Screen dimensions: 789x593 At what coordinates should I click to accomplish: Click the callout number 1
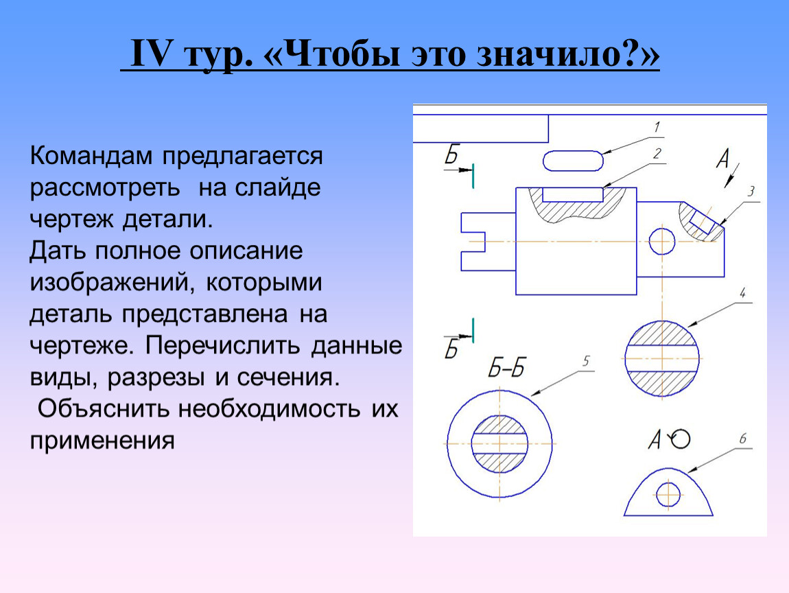point(657,128)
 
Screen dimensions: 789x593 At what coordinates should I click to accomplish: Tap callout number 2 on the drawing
point(657,154)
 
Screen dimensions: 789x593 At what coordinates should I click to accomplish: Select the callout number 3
point(751,191)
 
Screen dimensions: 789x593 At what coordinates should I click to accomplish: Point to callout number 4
point(743,292)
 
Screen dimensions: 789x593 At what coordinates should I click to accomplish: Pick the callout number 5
point(586,361)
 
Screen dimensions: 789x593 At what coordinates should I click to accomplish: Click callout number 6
point(743,439)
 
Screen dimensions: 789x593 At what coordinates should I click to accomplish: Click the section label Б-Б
point(506,369)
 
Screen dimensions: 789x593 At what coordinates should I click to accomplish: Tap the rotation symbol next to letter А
point(681,439)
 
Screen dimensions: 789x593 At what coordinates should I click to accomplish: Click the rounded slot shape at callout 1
point(573,161)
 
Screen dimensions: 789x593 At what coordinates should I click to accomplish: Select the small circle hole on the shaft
point(661,241)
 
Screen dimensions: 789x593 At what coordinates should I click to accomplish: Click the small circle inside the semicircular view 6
point(668,495)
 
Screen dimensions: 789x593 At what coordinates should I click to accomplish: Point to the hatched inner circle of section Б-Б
point(499,444)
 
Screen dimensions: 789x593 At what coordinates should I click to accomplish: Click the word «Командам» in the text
point(91,156)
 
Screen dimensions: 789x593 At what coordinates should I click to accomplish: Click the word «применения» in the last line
point(102,441)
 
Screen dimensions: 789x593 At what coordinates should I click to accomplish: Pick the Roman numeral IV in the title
point(152,54)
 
